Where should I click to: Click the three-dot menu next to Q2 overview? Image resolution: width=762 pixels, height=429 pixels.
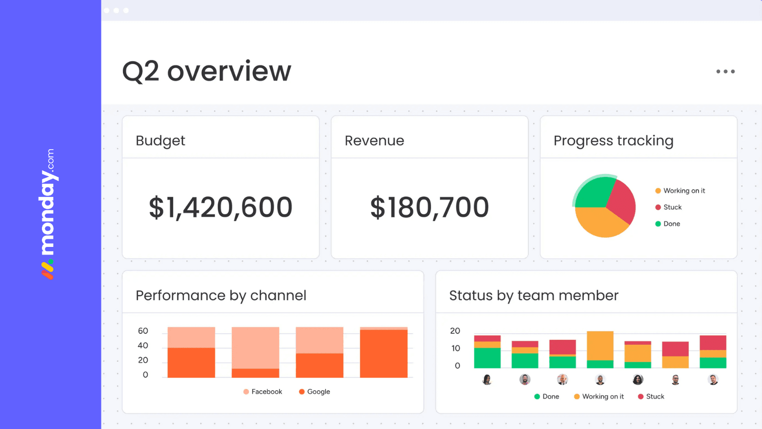click(x=725, y=71)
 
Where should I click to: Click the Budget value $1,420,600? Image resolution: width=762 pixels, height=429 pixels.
click(x=221, y=207)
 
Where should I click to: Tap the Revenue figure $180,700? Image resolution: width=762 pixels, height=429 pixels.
click(x=430, y=207)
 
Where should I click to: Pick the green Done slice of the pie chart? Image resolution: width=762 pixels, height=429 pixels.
click(x=593, y=193)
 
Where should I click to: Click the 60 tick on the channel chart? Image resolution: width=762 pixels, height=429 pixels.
click(x=143, y=331)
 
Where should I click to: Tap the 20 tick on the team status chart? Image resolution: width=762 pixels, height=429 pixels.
click(x=455, y=331)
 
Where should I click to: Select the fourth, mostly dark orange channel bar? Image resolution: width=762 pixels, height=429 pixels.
click(x=383, y=354)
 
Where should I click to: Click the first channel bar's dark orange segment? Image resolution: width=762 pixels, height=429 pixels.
click(x=191, y=363)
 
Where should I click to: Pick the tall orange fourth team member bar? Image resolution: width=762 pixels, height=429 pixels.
click(x=600, y=346)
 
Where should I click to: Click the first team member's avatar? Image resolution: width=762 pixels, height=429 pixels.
click(x=487, y=380)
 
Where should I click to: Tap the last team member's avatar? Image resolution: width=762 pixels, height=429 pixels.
click(x=713, y=380)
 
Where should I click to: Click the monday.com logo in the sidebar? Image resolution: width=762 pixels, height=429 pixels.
click(x=48, y=214)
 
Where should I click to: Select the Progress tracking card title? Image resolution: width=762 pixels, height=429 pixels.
click(x=613, y=141)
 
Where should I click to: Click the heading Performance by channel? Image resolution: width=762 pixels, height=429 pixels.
click(x=221, y=296)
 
